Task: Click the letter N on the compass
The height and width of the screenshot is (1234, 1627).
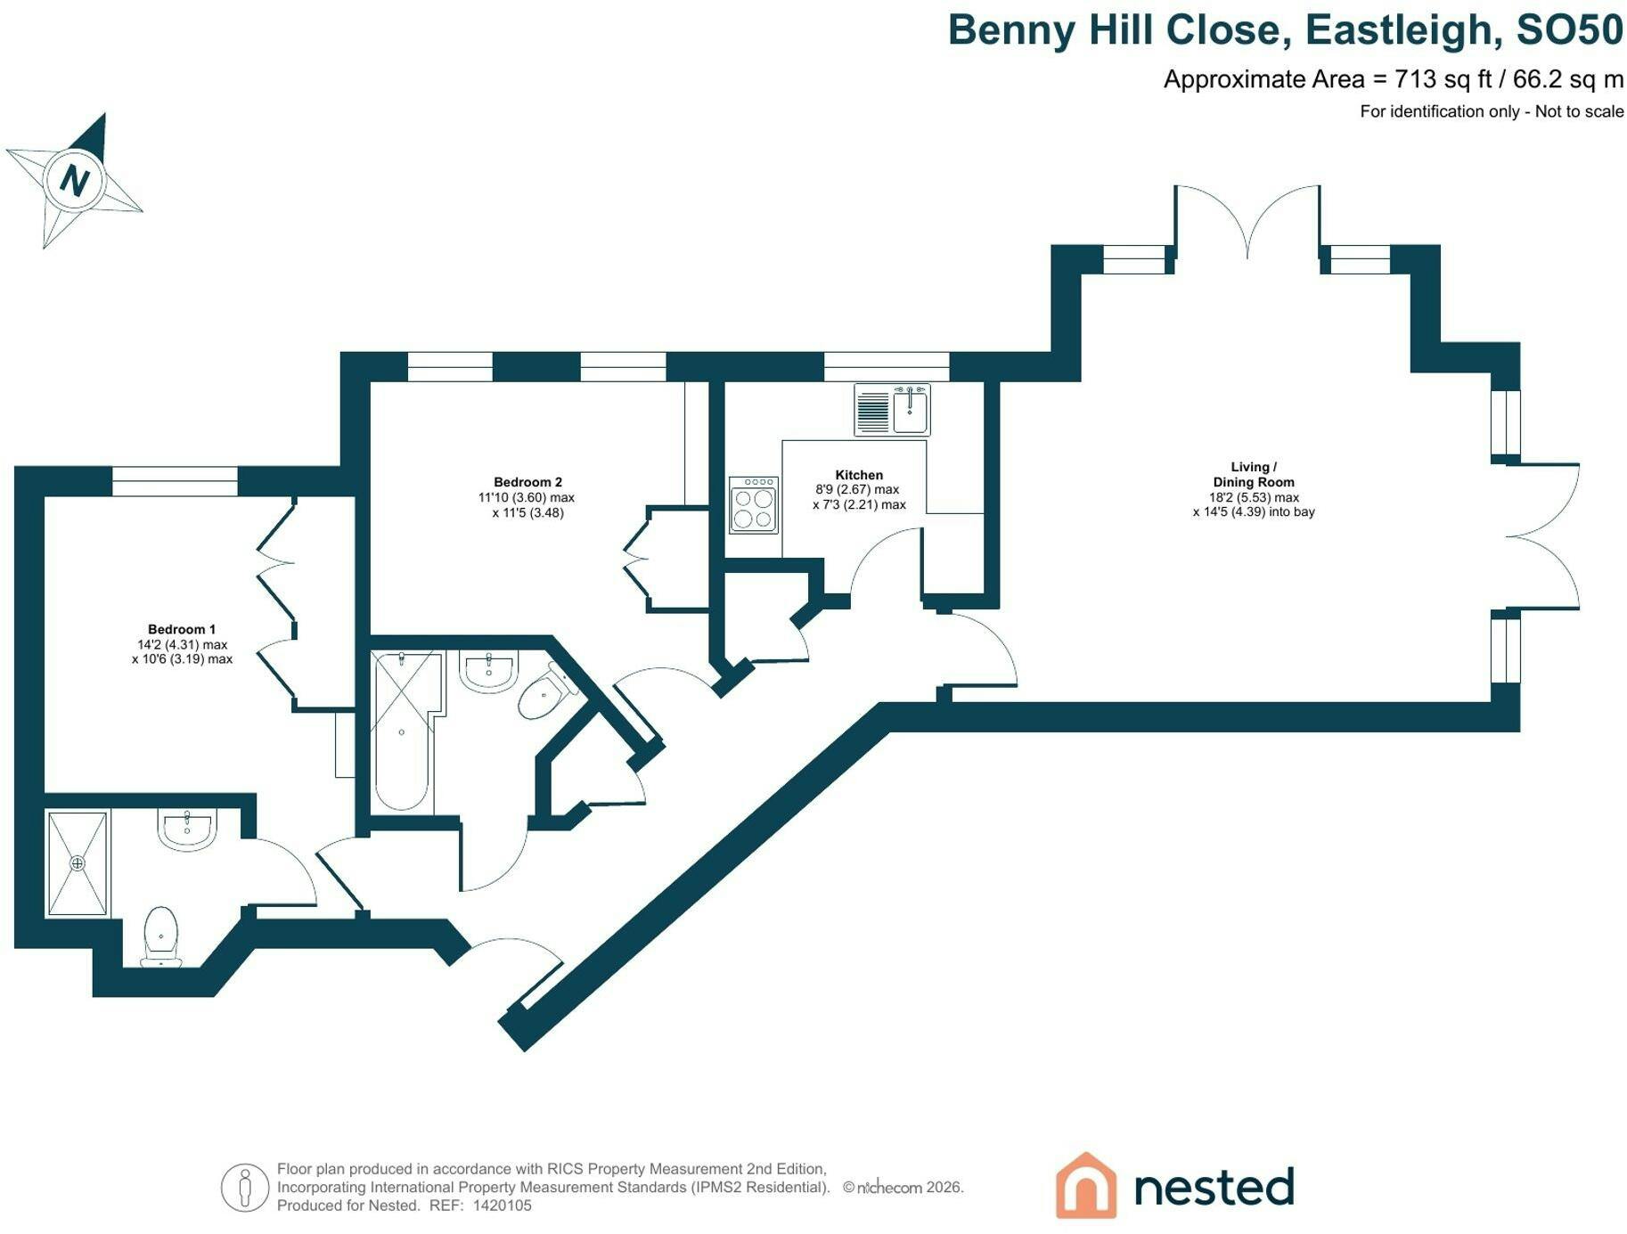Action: click(75, 181)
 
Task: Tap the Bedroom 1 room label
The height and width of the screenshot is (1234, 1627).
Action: click(182, 629)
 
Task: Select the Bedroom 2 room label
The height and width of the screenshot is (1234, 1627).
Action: click(527, 482)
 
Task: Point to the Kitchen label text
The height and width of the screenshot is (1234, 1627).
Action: click(859, 475)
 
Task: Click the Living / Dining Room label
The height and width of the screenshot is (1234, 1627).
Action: click(1254, 474)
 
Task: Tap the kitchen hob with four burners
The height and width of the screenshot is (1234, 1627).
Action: click(753, 505)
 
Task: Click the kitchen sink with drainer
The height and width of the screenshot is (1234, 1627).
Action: click(892, 410)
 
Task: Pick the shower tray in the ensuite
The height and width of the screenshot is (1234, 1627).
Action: click(78, 862)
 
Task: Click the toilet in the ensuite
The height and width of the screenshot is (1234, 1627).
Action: click(161, 936)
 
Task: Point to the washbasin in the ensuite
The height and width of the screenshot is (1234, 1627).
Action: click(187, 829)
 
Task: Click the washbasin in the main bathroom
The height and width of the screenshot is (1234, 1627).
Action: click(488, 671)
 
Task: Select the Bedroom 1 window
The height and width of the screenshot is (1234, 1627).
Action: click(175, 481)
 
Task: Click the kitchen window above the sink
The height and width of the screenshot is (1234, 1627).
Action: click(887, 367)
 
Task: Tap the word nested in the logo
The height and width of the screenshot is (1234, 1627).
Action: click(1214, 1187)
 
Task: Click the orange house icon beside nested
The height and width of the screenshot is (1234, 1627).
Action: click(1086, 1185)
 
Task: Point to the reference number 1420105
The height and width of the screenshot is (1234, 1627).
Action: click(502, 1205)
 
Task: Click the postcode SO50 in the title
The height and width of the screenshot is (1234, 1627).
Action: click(1570, 30)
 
